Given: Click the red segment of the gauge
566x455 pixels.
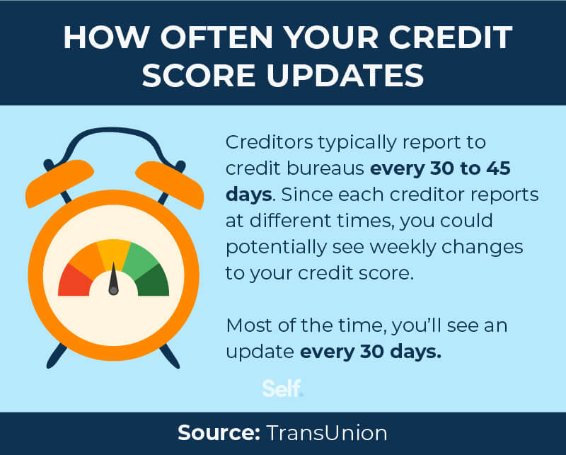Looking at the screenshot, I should click(x=74, y=279).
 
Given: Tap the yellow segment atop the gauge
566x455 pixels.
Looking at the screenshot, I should click(x=113, y=253).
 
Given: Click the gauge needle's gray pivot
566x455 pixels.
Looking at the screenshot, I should click(x=113, y=290).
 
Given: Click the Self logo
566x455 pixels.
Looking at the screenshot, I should click(x=282, y=388).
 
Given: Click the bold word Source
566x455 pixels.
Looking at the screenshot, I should click(x=215, y=432).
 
